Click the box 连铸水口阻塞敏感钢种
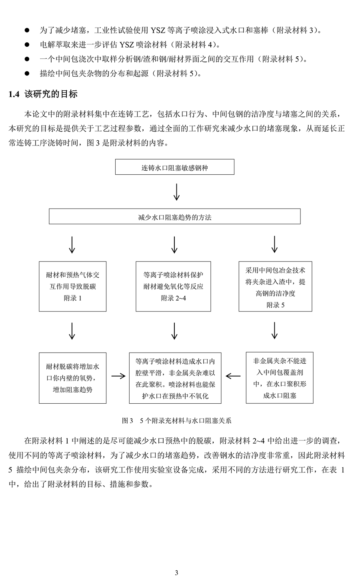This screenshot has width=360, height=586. pyautogui.click(x=175, y=167)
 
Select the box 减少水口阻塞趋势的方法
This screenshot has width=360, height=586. pyautogui.click(x=175, y=216)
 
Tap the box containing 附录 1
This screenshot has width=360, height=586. pyautogui.click(x=72, y=287)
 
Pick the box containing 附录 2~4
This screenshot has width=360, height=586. pyautogui.click(x=173, y=287)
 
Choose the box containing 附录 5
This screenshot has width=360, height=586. pyautogui.click(x=276, y=287)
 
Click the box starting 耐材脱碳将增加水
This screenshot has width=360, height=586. pyautogui.click(x=72, y=378)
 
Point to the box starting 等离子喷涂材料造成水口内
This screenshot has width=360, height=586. pyautogui.click(x=175, y=378)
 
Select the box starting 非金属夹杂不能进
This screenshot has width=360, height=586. pyautogui.click(x=280, y=378)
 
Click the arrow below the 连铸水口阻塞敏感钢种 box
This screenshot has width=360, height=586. pyautogui.click(x=177, y=192)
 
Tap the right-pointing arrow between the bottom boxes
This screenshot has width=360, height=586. pyautogui.click(x=118, y=376)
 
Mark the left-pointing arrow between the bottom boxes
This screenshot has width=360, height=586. pyautogui.click(x=233, y=376)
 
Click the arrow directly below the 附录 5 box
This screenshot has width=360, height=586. pyautogui.click(x=274, y=331)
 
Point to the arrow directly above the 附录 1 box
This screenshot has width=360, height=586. pyautogui.click(x=72, y=245)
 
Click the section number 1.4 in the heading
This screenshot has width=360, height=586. pyautogui.click(x=14, y=94)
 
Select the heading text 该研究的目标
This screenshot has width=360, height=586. pyautogui.click(x=51, y=94)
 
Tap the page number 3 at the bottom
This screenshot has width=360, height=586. pyautogui.click(x=176, y=573)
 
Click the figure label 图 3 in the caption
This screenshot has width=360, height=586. pyautogui.click(x=128, y=421)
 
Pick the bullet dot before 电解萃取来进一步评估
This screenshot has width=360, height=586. pyautogui.click(x=27, y=45)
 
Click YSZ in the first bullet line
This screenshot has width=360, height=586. pyautogui.click(x=158, y=31)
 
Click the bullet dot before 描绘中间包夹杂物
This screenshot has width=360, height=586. pyautogui.click(x=27, y=74)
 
